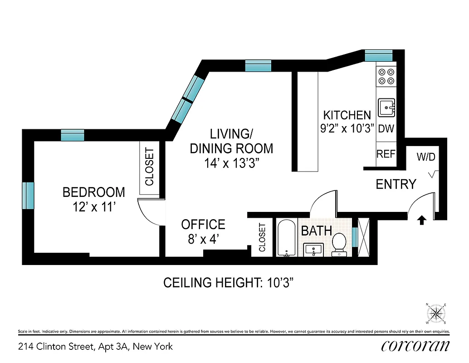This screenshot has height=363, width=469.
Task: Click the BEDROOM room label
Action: click(x=93, y=192)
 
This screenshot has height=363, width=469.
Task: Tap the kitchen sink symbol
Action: click(x=386, y=108)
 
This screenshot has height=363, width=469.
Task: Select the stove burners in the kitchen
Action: click(x=386, y=76)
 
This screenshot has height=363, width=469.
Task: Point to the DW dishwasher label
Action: click(x=386, y=128)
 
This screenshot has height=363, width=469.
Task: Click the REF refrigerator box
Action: click(x=386, y=154)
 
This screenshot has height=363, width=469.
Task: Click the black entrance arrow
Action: click(x=421, y=220)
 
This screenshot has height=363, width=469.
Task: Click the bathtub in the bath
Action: click(x=286, y=238)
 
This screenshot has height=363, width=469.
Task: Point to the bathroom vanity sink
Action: click(x=313, y=249)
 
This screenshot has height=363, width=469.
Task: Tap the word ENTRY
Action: click(x=396, y=184)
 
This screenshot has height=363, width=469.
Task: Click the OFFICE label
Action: click(x=203, y=225)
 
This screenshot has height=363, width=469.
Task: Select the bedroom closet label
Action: click(x=149, y=167)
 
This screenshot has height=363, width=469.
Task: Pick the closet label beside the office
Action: click(x=262, y=237)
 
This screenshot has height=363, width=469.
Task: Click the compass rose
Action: click(x=436, y=313)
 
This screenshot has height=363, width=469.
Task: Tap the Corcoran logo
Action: click(x=416, y=346)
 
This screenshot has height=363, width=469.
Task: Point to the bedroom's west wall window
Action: click(x=28, y=195)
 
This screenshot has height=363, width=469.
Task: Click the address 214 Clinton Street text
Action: click(x=95, y=347)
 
